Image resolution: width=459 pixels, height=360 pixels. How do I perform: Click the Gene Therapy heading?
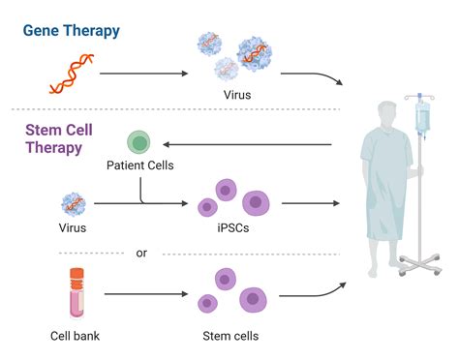(x=72, y=30)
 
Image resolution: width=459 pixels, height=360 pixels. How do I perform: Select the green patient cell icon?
(x=139, y=143)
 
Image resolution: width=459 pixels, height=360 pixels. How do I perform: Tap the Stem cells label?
(x=229, y=336)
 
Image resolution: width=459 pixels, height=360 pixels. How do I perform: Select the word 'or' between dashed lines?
(x=142, y=253)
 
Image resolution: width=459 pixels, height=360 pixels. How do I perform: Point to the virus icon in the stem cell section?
(x=74, y=203)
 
